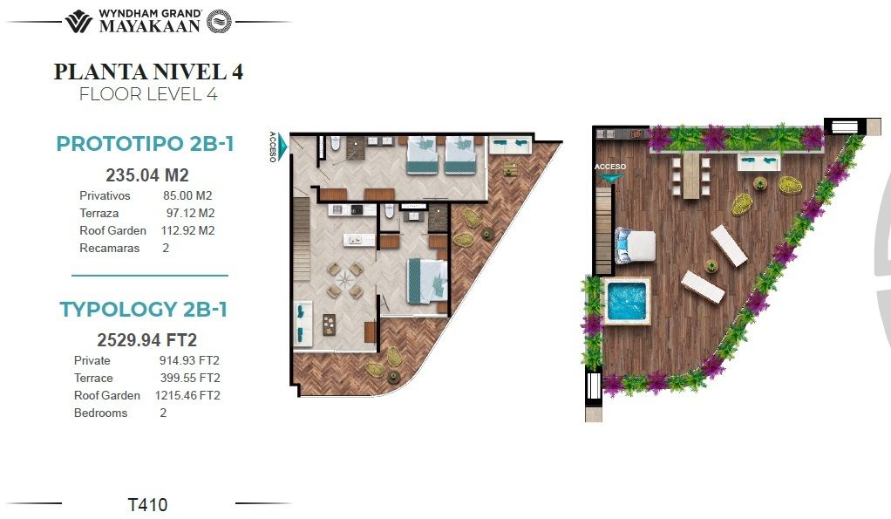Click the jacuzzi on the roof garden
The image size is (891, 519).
click(x=626, y=300)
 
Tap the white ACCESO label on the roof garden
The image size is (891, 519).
click(x=610, y=167)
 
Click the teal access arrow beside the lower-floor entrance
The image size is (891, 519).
click(x=282, y=147)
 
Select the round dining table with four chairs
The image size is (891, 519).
click(x=344, y=280)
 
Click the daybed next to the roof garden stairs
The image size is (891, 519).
click(x=635, y=246)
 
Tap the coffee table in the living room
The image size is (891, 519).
click(x=329, y=324)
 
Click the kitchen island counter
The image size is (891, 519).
click(x=358, y=240)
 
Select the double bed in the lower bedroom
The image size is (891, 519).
click(x=427, y=281)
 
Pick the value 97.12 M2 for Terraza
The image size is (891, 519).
click(x=190, y=213)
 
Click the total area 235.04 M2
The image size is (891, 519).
click(x=147, y=175)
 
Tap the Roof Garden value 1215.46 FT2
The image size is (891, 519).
click(x=187, y=395)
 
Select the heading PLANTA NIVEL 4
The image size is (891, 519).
click(x=148, y=72)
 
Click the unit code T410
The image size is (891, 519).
click(x=147, y=504)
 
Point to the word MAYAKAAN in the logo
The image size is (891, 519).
click(x=149, y=25)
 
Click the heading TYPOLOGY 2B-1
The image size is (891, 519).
click(x=144, y=310)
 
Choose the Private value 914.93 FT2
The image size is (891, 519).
click(x=189, y=360)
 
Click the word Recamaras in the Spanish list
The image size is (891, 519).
click(x=109, y=248)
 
